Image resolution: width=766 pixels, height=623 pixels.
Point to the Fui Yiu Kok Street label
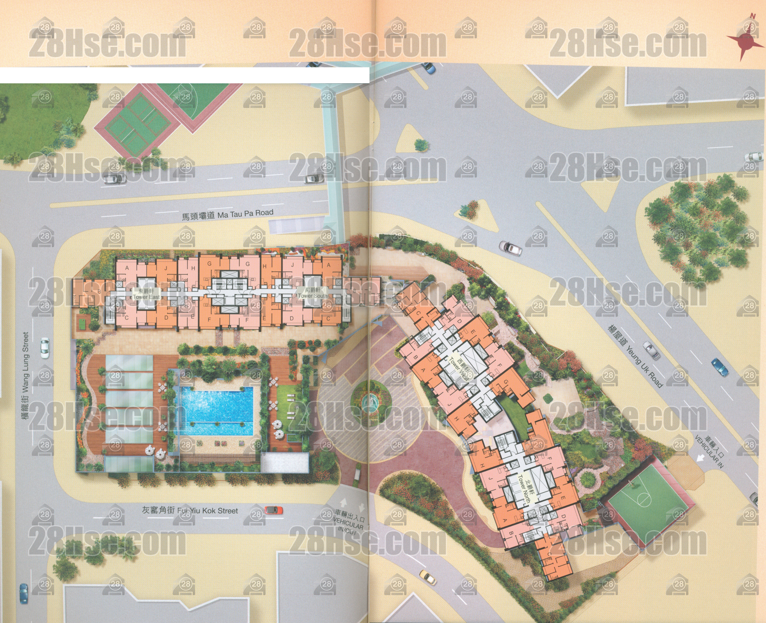[x=190, y=510]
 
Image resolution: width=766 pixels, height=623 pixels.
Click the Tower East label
[x=146, y=294]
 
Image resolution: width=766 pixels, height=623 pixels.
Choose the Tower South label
[x=312, y=293]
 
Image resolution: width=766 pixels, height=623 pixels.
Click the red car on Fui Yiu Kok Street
[x=274, y=510]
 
